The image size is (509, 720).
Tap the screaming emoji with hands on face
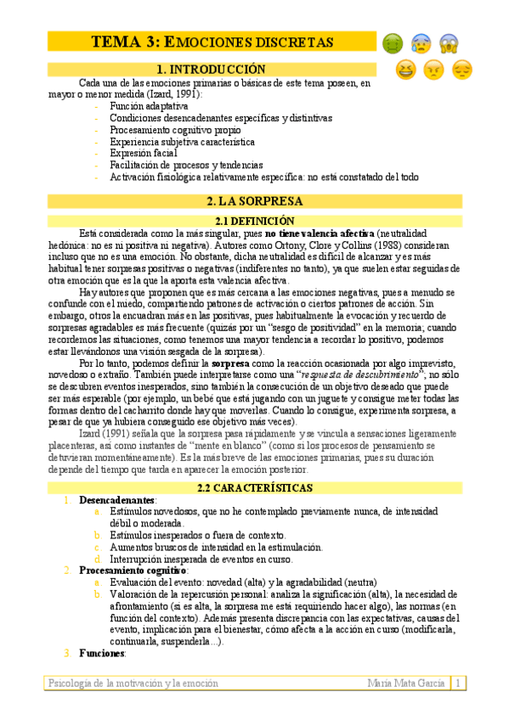click(449, 43)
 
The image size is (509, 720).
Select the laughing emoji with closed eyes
click(407, 70)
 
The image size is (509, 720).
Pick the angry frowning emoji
click(434, 70)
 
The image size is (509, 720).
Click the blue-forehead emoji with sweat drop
click(420, 43)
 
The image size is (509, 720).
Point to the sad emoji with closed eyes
click(462, 70)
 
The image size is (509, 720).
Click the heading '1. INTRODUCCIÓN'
click(212, 69)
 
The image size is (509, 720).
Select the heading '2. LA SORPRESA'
click(254, 201)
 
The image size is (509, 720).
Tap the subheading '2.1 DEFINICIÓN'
click(254, 220)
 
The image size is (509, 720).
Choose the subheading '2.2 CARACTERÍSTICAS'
click(254, 488)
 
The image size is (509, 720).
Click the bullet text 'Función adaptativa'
click(149, 106)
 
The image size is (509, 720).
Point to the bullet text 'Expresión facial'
click(144, 154)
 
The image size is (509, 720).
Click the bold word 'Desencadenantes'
click(116, 500)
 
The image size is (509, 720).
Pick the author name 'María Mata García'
click(407, 683)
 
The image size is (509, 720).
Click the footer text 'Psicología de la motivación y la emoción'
click(133, 683)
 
